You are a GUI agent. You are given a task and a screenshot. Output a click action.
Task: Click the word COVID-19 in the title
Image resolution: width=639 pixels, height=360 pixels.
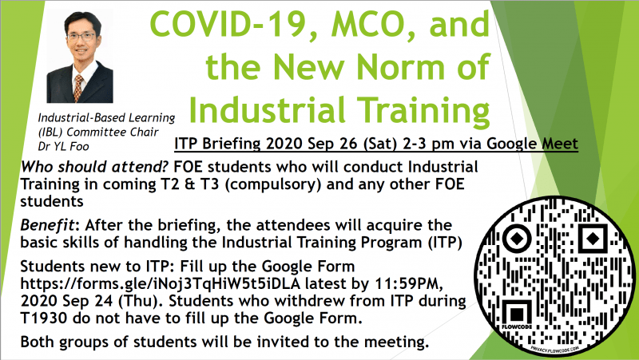click(232, 25)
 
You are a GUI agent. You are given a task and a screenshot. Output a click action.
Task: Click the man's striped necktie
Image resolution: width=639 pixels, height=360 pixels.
click(78, 87)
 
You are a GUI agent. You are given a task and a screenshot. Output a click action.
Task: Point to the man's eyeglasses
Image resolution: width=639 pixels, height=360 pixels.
click(81, 36)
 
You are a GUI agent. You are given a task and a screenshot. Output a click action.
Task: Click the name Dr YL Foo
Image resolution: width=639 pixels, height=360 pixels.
click(63, 147)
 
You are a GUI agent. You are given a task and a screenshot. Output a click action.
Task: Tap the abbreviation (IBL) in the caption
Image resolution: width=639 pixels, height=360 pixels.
click(50, 133)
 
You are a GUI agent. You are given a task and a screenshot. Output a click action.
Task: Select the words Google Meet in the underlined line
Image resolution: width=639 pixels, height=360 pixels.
click(532, 144)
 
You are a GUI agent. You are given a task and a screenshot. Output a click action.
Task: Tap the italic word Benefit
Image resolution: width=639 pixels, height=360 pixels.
click(48, 225)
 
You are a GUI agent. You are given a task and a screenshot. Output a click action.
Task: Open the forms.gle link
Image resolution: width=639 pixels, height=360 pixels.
click(161, 284)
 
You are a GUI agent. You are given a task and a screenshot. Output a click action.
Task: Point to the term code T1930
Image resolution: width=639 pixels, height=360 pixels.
click(44, 318)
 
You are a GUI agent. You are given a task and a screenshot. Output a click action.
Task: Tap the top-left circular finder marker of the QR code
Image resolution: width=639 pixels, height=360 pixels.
click(517, 237)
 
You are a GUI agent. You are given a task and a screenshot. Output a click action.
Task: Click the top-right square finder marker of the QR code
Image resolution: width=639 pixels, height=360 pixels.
click(593, 238)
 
